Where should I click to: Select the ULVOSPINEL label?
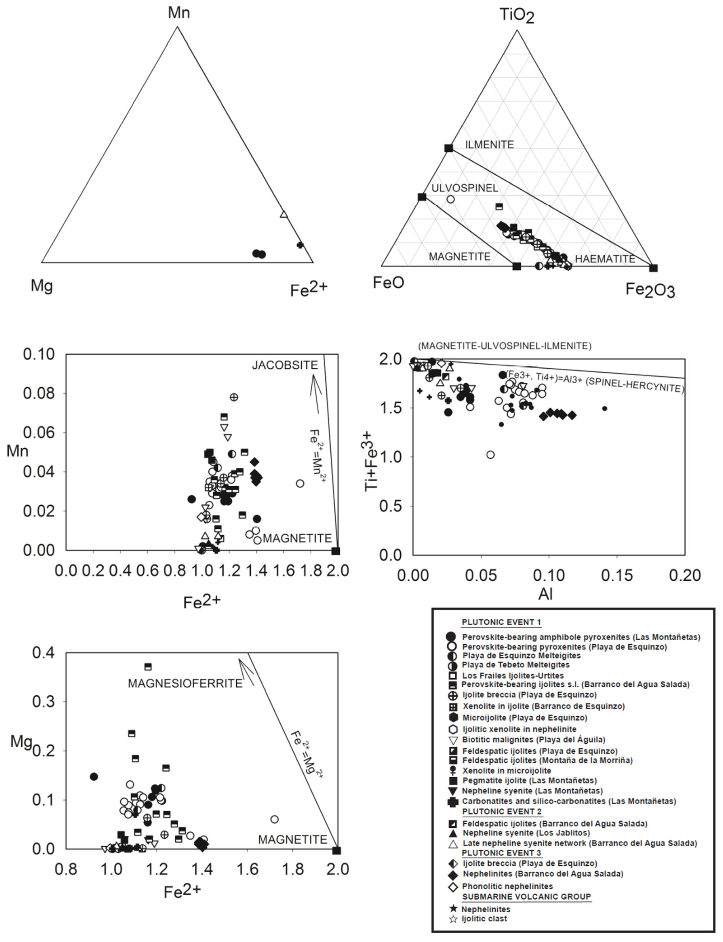(465, 188)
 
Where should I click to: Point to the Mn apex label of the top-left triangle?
(179, 13)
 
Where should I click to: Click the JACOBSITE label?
(285, 365)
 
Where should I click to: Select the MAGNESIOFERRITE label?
(185, 684)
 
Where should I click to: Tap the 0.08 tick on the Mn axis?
(39, 393)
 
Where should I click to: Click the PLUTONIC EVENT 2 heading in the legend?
(502, 812)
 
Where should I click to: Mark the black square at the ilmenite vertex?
(449, 148)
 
